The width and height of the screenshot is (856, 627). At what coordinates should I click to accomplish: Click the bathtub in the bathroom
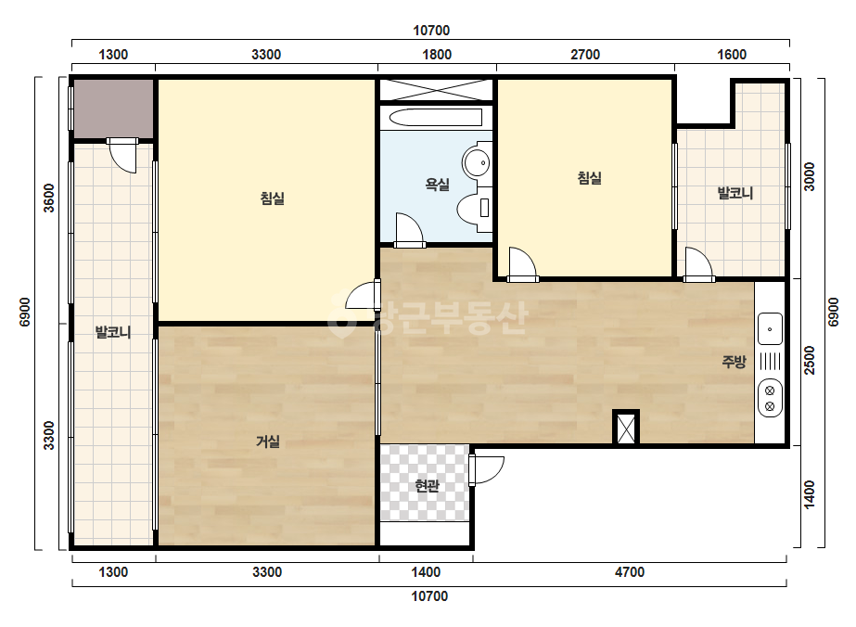(x=436, y=118)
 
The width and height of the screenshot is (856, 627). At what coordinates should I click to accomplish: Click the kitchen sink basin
(x=770, y=328)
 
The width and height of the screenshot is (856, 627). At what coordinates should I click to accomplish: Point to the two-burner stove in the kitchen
(x=770, y=398)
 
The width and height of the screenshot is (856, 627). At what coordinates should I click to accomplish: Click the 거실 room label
(x=268, y=441)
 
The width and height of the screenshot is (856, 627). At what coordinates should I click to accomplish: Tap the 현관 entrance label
(x=427, y=485)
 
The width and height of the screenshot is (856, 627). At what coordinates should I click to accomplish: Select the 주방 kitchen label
(x=734, y=361)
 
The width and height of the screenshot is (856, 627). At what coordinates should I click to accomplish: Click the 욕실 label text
(x=438, y=185)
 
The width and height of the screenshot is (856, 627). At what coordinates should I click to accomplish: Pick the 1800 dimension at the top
(x=438, y=55)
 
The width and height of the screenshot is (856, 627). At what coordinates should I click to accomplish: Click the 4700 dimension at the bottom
(x=630, y=572)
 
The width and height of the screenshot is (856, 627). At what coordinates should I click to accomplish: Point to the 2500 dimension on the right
(x=810, y=361)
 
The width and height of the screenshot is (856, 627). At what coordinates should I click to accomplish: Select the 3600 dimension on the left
(x=49, y=198)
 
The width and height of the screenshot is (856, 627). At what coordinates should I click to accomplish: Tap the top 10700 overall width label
(x=431, y=30)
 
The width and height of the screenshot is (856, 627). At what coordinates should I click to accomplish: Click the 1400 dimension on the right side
(x=810, y=494)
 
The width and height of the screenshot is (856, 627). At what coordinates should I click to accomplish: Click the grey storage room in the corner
(x=113, y=109)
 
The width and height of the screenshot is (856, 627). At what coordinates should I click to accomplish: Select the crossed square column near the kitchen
(x=626, y=428)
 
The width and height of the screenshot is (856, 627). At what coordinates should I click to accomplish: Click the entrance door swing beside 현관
(x=486, y=469)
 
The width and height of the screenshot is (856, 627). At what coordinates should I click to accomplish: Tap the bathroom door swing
(x=408, y=229)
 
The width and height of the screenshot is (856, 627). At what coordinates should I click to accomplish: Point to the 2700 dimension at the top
(x=585, y=55)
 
